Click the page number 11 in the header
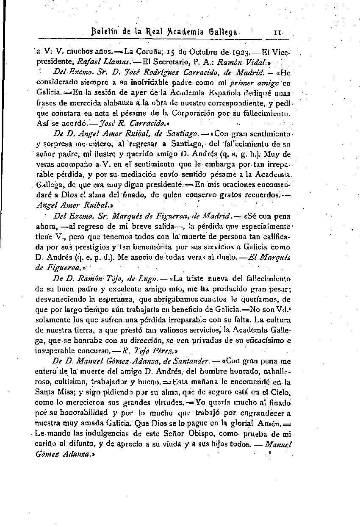click(x=278, y=32)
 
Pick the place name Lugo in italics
click(x=138, y=278)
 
